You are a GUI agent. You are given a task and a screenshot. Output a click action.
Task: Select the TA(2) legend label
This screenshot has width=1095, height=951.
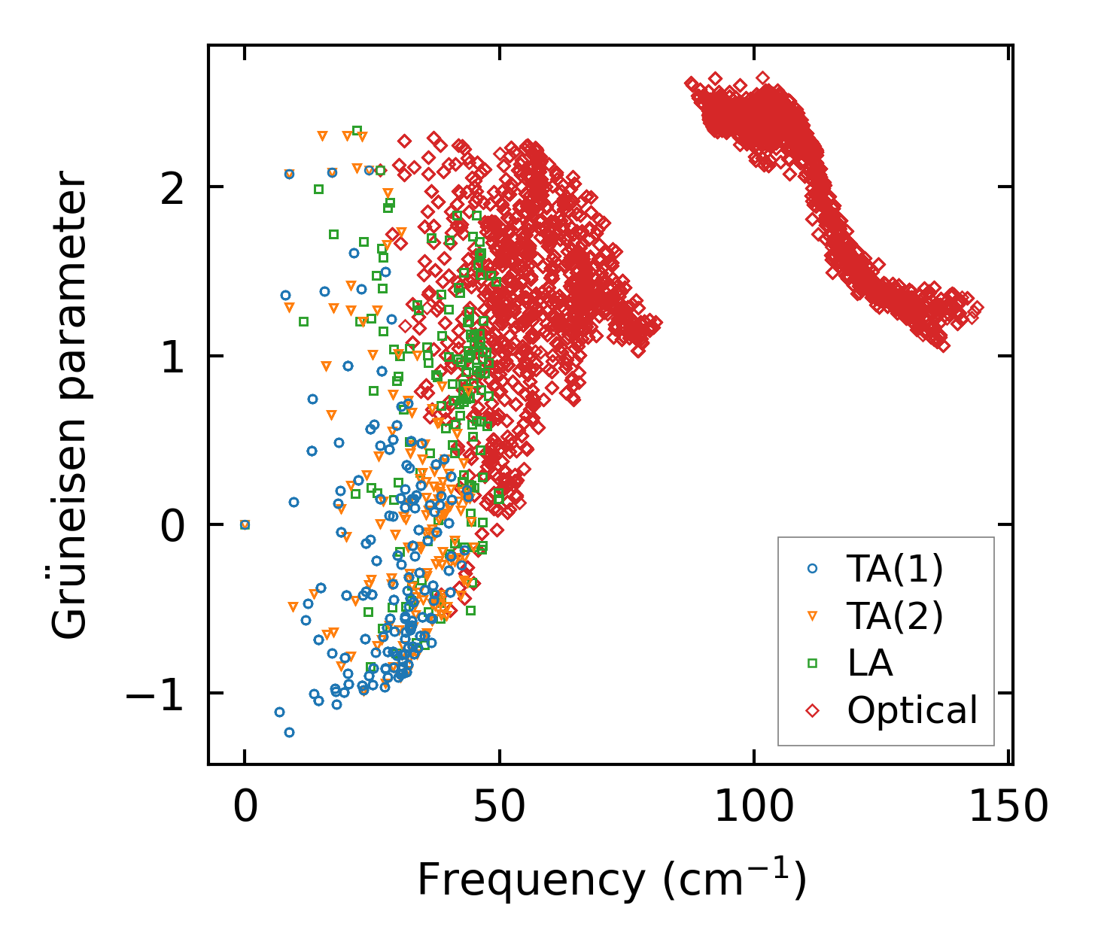[x=894, y=617]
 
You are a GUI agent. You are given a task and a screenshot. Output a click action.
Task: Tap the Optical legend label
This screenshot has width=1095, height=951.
[x=912, y=710]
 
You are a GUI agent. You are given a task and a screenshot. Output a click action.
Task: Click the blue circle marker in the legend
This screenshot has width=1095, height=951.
[x=812, y=570]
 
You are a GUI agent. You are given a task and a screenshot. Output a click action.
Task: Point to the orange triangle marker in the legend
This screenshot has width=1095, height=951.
[x=812, y=616]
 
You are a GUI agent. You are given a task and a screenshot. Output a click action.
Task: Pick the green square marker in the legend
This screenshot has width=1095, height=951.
[x=812, y=663]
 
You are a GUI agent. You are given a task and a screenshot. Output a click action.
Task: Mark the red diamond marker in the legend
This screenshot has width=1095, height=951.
[x=812, y=709]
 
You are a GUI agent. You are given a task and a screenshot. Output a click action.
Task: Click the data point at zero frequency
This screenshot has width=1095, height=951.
[x=245, y=524]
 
